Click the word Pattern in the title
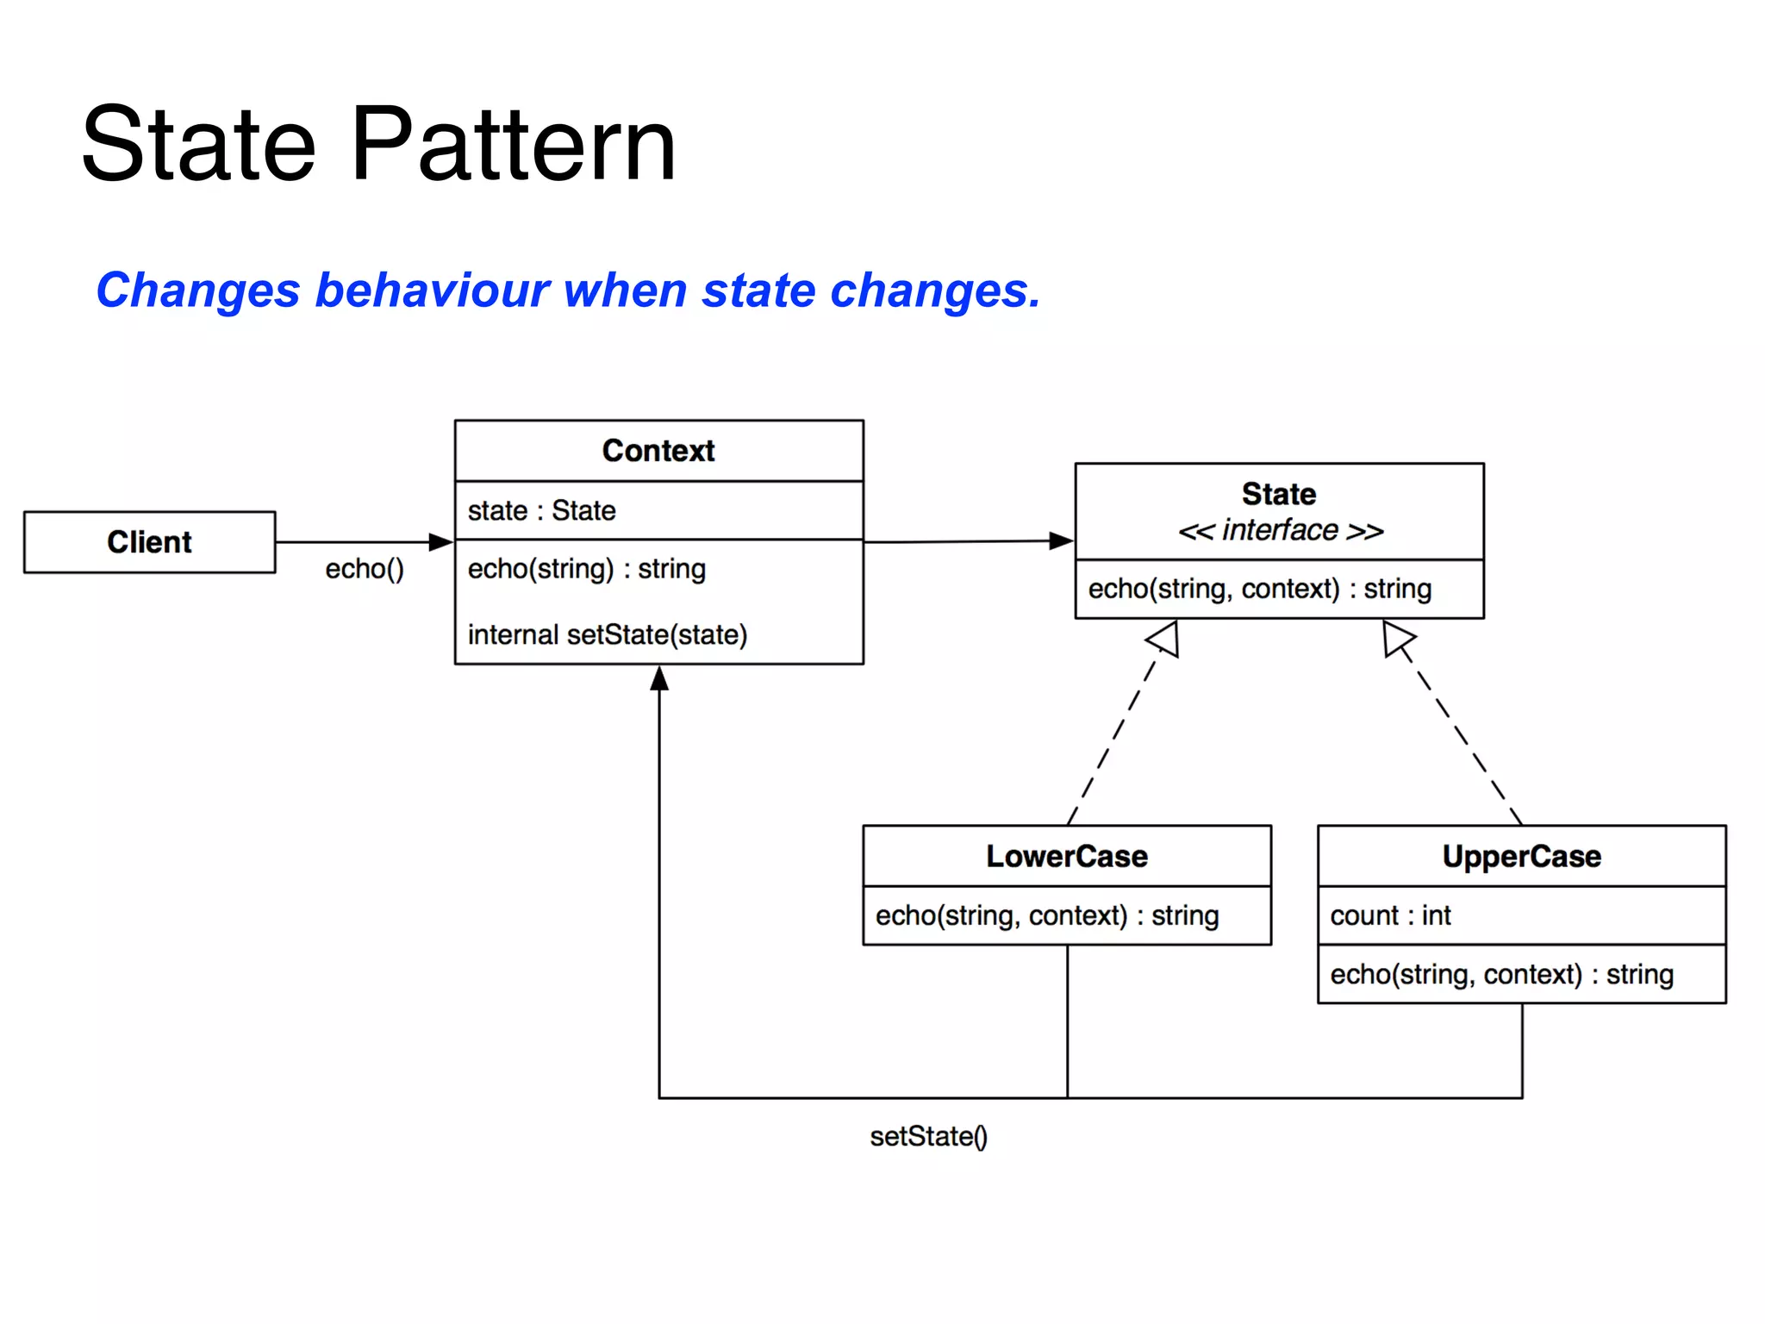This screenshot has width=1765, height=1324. (x=514, y=145)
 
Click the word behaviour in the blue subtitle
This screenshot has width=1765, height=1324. (x=432, y=290)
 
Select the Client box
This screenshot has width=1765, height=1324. (x=149, y=542)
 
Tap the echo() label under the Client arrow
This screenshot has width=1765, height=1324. (x=365, y=569)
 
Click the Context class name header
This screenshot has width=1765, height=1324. (x=658, y=451)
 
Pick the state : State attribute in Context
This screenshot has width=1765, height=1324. (x=541, y=510)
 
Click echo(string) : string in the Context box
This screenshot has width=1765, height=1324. (x=586, y=569)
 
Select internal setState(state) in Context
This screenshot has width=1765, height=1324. (x=607, y=635)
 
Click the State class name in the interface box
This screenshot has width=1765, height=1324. (x=1279, y=494)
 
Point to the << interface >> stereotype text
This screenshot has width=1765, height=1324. (x=1280, y=530)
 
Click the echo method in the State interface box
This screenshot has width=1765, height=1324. (x=1259, y=589)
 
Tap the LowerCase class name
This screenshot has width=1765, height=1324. (x=1067, y=856)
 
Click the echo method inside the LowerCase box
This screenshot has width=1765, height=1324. (x=1047, y=915)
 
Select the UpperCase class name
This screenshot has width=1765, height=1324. (x=1521, y=856)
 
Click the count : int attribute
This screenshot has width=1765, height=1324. (x=1390, y=915)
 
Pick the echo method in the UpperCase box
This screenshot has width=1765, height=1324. (x=1501, y=975)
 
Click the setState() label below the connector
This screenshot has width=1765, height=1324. (x=928, y=1137)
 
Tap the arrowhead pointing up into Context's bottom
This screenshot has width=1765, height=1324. (x=659, y=678)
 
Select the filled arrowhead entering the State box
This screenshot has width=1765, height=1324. (x=1061, y=541)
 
